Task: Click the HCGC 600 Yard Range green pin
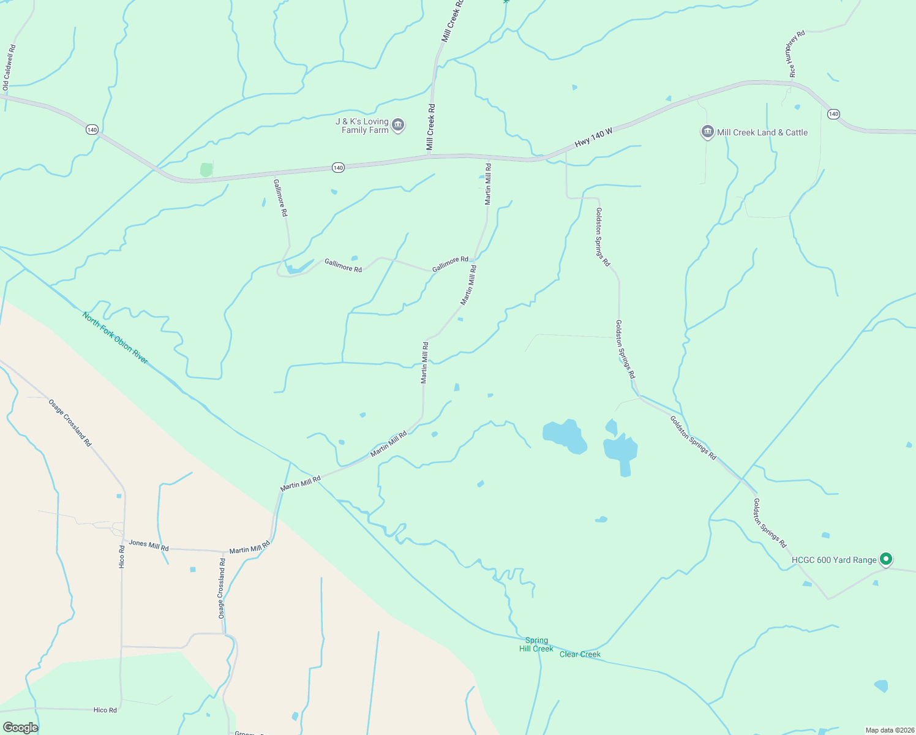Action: coord(885,559)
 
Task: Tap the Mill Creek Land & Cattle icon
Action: coord(707,132)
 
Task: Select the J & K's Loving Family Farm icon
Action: coord(398,125)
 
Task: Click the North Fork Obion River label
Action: coord(115,337)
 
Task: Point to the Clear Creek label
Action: coord(580,654)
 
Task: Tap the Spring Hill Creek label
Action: coord(536,644)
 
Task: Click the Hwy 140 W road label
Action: coord(593,138)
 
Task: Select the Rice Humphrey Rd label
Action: coord(795,53)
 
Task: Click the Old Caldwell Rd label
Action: coord(9,67)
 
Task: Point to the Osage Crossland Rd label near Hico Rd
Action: coord(70,423)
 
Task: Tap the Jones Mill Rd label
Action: coord(149,545)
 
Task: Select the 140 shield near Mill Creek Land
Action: coord(833,114)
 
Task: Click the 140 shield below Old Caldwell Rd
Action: coord(92,129)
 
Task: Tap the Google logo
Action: coord(20,727)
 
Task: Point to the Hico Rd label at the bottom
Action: coord(105,710)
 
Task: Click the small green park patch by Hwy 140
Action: coord(206,170)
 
